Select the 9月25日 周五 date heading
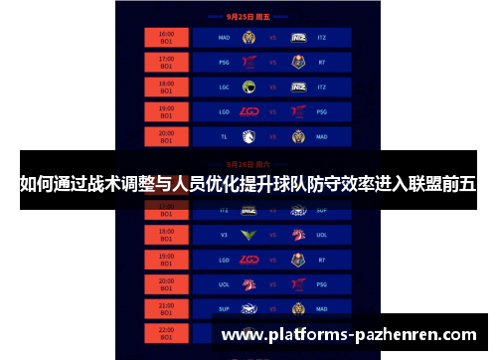click(x=248, y=17)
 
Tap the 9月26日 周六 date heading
click(x=248, y=163)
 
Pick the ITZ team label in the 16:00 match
click(x=322, y=38)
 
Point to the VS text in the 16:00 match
click(x=272, y=38)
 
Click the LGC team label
click(x=224, y=87)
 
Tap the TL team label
click(x=224, y=135)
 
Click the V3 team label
click(x=224, y=235)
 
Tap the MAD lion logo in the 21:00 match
click(x=297, y=308)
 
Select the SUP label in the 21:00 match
click(x=224, y=308)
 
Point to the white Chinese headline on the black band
click(x=248, y=183)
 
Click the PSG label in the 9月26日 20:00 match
click(x=322, y=283)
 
